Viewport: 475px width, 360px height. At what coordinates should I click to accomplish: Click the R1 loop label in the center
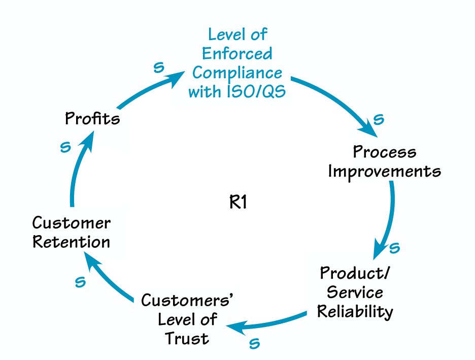(x=238, y=202)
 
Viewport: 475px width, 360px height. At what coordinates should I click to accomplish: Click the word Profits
(x=92, y=119)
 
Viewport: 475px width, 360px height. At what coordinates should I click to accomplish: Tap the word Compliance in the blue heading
(x=237, y=73)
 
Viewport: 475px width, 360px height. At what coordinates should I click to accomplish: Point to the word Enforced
(x=237, y=53)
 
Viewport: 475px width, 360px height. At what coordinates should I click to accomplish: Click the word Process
(x=384, y=152)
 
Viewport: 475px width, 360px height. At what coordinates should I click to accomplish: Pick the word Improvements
(x=384, y=171)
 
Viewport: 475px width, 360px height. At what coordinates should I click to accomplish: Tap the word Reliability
(x=355, y=311)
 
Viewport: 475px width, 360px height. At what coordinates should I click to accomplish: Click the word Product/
(x=355, y=273)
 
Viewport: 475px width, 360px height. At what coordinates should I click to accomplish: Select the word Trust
(x=187, y=338)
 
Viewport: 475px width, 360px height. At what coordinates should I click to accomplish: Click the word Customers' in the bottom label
(x=187, y=300)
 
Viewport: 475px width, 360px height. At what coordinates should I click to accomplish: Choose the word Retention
(x=71, y=242)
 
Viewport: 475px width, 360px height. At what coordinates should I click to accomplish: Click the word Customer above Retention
(x=71, y=223)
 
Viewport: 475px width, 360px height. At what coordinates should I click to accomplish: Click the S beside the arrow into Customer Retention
(x=80, y=282)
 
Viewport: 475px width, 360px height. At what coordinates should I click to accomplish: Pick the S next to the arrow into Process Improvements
(x=378, y=120)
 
